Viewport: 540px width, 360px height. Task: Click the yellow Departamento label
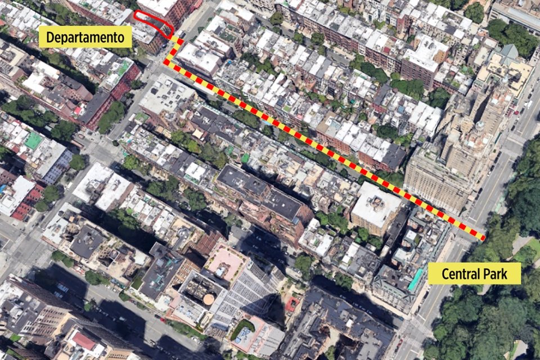tap(85, 37)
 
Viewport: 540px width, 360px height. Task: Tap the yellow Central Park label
tap(474, 274)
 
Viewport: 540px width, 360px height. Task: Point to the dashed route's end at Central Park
tap(483, 238)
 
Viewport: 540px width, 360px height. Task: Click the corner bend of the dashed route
tap(167, 61)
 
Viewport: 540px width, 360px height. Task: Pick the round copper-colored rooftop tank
tap(209, 299)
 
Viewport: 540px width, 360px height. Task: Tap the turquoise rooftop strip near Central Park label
tap(415, 280)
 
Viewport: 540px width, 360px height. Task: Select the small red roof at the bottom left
tap(84, 341)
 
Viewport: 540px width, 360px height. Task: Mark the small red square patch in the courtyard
tap(291, 304)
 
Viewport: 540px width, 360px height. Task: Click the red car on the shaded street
tap(164, 319)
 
